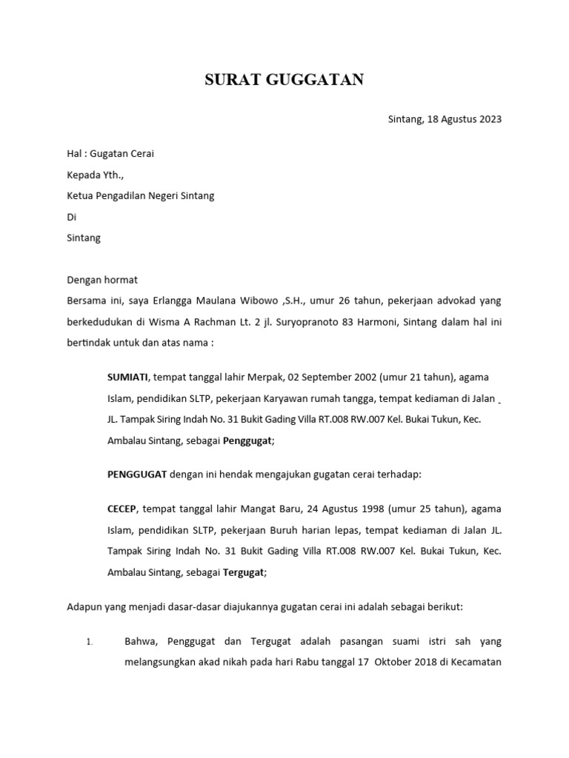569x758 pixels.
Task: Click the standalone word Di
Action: pyautogui.click(x=72, y=218)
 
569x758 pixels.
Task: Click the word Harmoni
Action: pyautogui.click(x=369, y=323)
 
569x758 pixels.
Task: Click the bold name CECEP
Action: pyautogui.click(x=122, y=509)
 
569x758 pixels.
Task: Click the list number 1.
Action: pyautogui.click(x=90, y=643)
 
